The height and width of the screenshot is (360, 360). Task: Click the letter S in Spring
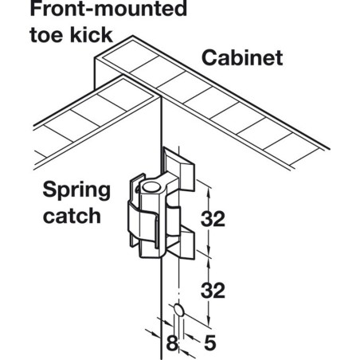[49, 190]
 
